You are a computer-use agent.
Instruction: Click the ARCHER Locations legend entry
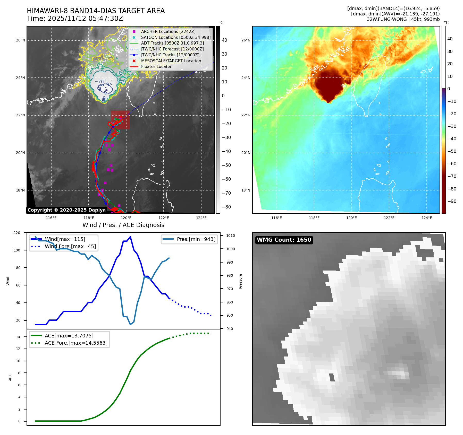click(168, 31)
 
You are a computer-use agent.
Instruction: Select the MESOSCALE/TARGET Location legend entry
click(171, 61)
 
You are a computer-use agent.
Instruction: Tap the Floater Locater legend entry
click(156, 66)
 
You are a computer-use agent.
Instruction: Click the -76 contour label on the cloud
click(99, 82)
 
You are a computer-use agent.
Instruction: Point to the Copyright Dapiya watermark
click(66, 210)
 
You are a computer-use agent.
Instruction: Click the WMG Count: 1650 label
click(284, 240)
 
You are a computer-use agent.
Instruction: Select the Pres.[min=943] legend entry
click(196, 239)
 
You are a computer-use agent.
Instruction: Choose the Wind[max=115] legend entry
click(65, 239)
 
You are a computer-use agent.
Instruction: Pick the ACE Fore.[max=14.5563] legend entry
click(76, 343)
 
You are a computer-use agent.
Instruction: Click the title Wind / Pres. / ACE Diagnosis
click(123, 225)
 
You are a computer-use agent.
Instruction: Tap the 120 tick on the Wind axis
click(17, 233)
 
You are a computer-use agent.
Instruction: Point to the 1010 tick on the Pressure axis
click(231, 236)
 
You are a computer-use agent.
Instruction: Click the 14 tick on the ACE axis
click(18, 337)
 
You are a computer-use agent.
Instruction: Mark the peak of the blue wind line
click(130, 237)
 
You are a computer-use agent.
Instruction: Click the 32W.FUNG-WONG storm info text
click(403, 19)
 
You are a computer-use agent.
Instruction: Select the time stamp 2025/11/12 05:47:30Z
click(85, 19)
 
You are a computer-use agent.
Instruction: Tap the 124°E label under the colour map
click(427, 218)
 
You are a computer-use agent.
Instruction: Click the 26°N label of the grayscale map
click(21, 40)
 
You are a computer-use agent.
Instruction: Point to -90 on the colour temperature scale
click(452, 201)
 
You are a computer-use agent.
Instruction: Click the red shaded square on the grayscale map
click(120, 120)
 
